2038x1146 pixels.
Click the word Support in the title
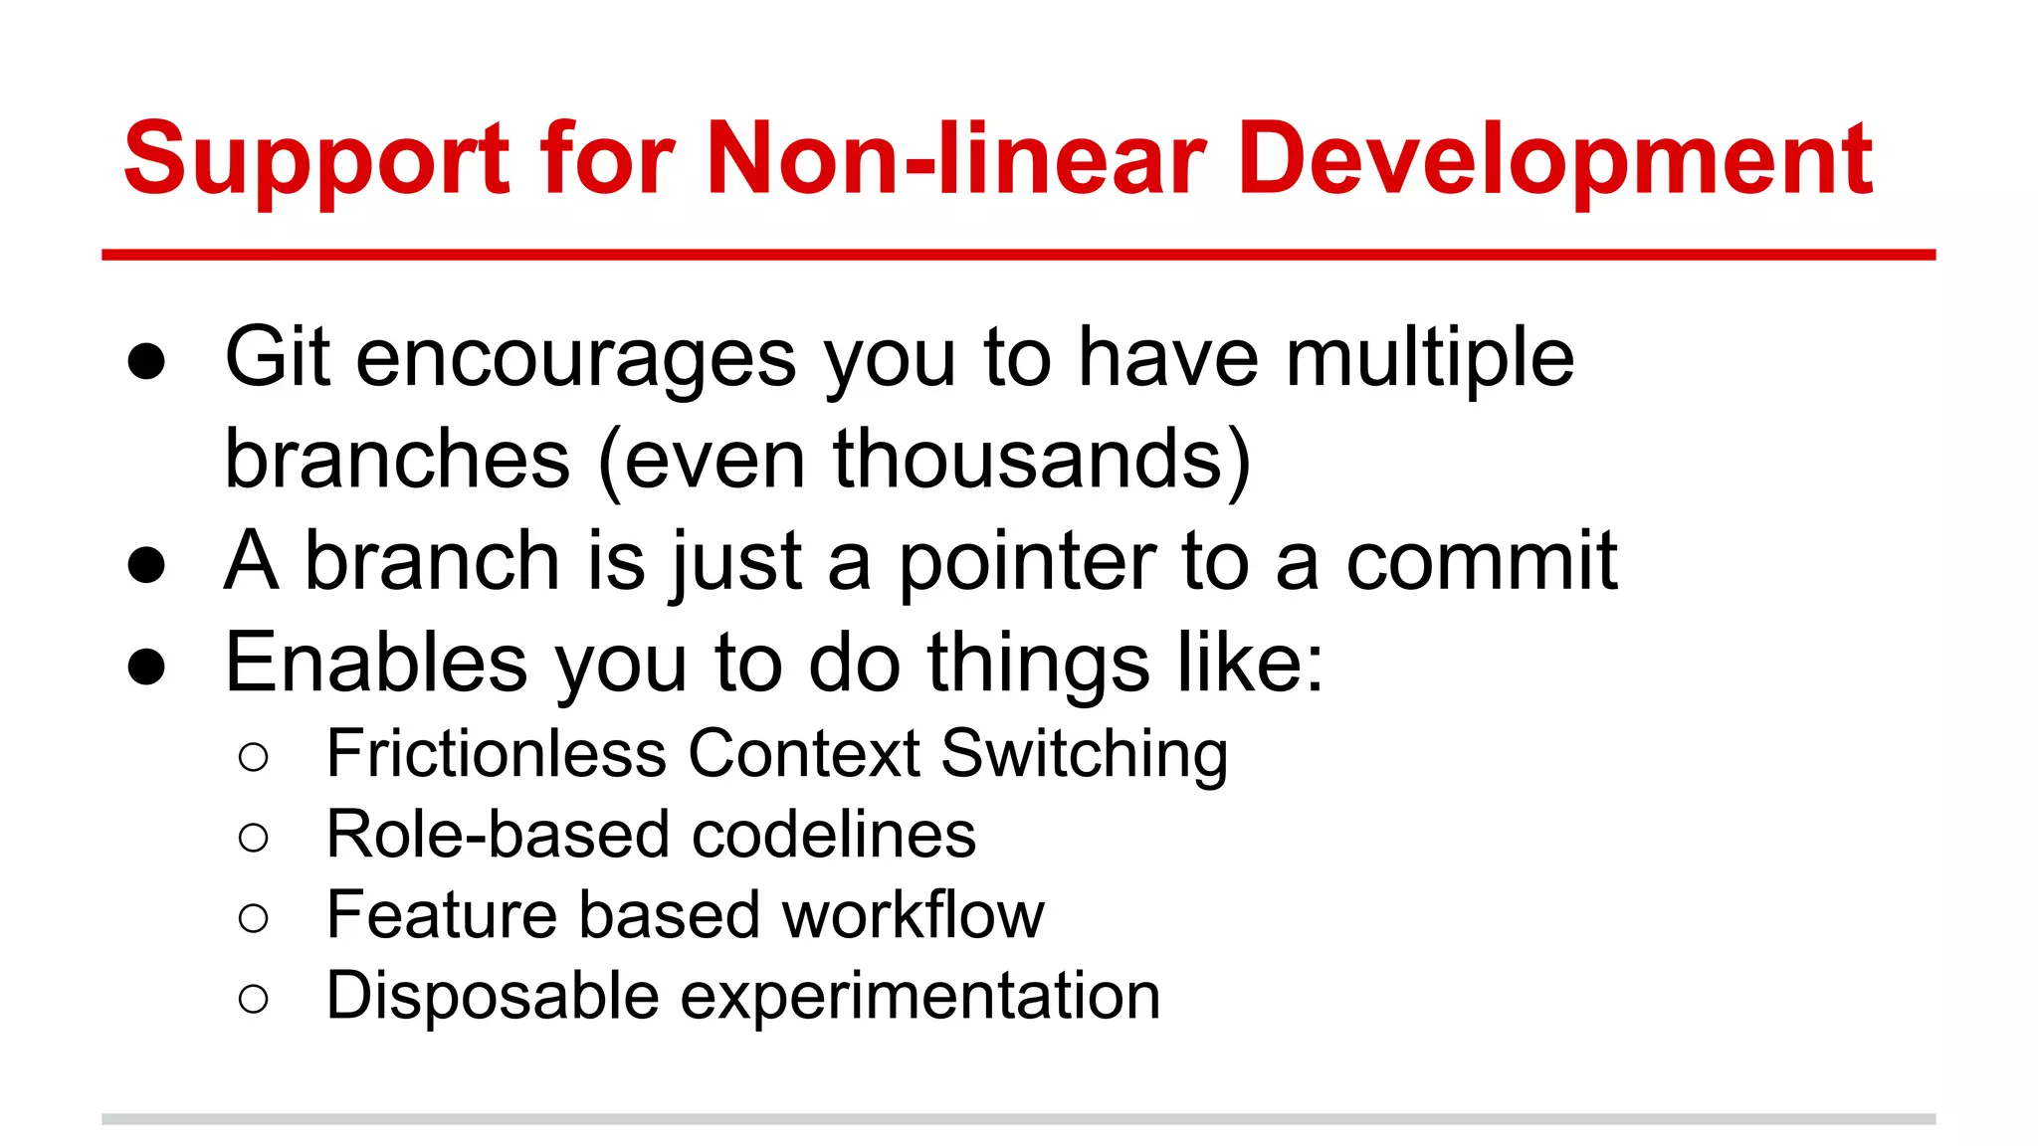(316, 159)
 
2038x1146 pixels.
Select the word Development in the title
(1555, 159)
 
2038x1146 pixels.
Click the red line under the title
(1018, 256)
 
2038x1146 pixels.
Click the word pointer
(1027, 563)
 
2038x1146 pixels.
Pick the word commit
(1482, 561)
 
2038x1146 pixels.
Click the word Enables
(376, 663)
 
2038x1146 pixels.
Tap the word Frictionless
(496, 753)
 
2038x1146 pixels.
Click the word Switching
(1084, 755)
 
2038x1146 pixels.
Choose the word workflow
(913, 914)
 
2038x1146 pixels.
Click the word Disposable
(493, 995)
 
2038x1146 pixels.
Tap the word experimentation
(919, 997)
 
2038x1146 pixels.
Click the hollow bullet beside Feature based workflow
(254, 917)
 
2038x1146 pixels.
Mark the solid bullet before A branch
(146, 565)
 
